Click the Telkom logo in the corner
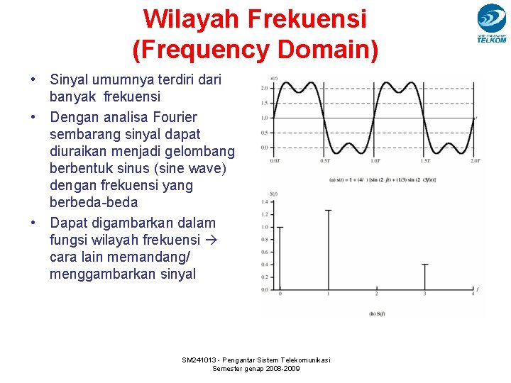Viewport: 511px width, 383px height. pyautogui.click(x=491, y=23)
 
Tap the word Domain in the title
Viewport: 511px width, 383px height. pyautogui.click(x=327, y=49)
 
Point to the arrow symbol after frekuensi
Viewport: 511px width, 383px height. pyautogui.click(x=210, y=240)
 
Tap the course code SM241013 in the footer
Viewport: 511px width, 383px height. pyautogui.click(x=202, y=360)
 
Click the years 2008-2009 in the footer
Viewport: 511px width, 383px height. pyautogui.click(x=282, y=369)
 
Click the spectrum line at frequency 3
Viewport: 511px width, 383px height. pyautogui.click(x=424, y=277)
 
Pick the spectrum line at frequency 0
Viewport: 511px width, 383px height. pyautogui.click(x=280, y=259)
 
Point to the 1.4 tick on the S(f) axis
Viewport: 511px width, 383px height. pyautogui.click(x=265, y=202)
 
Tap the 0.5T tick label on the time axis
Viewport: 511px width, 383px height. pyautogui.click(x=324, y=161)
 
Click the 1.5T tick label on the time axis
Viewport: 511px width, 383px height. pyautogui.click(x=424, y=161)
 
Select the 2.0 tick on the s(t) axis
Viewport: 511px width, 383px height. pyautogui.click(x=264, y=89)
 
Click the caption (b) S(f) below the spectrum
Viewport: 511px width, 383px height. pyautogui.click(x=377, y=313)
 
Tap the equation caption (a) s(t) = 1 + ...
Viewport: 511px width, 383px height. pyautogui.click(x=355, y=179)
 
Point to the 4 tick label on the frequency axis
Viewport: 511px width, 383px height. pyautogui.click(x=473, y=294)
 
